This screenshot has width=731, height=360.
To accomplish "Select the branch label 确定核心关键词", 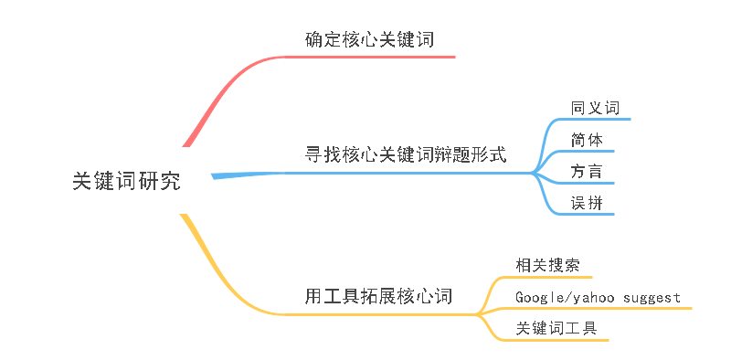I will (368, 40).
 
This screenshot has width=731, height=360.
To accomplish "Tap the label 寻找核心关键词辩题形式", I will (405, 154).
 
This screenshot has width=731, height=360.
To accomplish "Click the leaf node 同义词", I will (595, 108).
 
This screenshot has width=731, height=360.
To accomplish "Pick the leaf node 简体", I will (586, 140).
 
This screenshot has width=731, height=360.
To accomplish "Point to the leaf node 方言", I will (586, 171).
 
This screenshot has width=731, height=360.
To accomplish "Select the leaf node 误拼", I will (586, 203).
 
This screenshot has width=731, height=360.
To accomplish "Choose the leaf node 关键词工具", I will (556, 328).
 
